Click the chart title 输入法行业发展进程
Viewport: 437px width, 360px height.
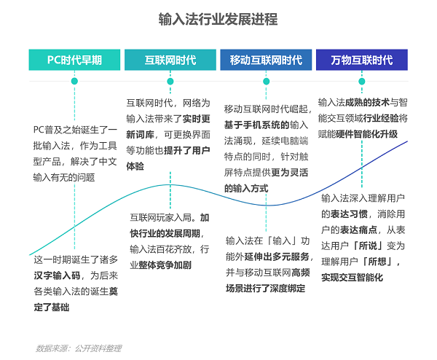pyautogui.click(x=218, y=20)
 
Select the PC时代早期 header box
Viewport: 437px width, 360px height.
pyautogui.click(x=74, y=60)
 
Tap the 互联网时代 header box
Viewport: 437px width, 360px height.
pyautogui.click(x=170, y=60)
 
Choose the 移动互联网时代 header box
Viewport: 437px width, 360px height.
pyautogui.click(x=266, y=60)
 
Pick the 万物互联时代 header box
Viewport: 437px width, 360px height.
pyautogui.click(x=362, y=60)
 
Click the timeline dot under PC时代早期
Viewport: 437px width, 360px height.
pyautogui.click(x=74, y=81)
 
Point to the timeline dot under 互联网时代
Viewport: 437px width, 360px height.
pyautogui.click(x=170, y=81)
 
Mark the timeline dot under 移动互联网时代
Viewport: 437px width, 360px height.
pyautogui.click(x=266, y=81)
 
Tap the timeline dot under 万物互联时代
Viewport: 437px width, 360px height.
pyautogui.click(x=362, y=81)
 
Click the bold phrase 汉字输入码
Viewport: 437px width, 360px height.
pyautogui.click(x=57, y=275)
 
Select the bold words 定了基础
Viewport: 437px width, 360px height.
pyautogui.click(x=52, y=308)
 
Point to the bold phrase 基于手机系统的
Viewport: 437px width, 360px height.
pyautogui.click(x=257, y=125)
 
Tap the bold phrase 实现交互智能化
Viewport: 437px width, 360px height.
pyautogui.click(x=353, y=278)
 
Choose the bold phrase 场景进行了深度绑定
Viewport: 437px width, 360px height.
pyautogui.click(x=266, y=288)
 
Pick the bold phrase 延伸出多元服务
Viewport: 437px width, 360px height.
pyautogui.click(x=277, y=257)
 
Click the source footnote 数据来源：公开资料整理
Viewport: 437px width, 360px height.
pyautogui.click(x=79, y=348)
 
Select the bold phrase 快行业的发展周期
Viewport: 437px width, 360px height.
pyautogui.click(x=165, y=233)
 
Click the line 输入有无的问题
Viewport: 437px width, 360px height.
pyautogui.click(x=64, y=177)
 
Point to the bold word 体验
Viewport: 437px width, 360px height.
pyautogui.click(x=135, y=166)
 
